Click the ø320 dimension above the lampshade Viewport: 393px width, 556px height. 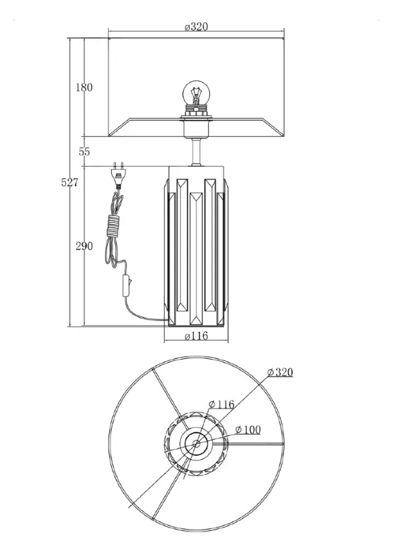tap(196, 26)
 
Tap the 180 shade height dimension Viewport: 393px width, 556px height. tap(84, 87)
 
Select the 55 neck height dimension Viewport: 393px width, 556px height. tap(84, 152)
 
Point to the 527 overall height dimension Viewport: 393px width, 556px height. tap(70, 183)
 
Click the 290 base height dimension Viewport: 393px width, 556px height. tap(84, 246)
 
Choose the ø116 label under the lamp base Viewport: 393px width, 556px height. tap(196, 335)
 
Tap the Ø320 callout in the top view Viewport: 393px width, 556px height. tap(281, 372)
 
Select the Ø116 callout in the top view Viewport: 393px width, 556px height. tap(222, 404)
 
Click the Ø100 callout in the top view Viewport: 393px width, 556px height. tap(248, 430)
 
